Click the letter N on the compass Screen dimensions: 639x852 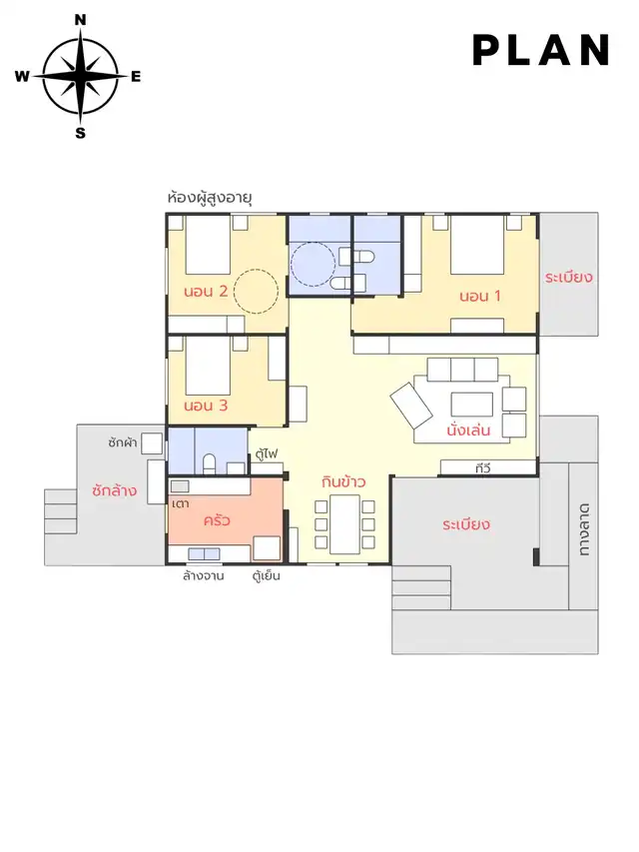(x=80, y=20)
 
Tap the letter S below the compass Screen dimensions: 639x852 (x=81, y=133)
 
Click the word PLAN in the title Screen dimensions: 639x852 (x=542, y=50)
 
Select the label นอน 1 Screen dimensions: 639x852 (x=480, y=296)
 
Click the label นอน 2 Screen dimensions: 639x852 (x=206, y=292)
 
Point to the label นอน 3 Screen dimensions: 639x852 (x=206, y=406)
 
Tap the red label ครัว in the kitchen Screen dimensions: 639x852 (x=217, y=520)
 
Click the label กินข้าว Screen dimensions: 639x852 (x=343, y=481)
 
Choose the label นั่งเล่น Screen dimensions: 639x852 (x=468, y=429)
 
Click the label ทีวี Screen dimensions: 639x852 (x=483, y=467)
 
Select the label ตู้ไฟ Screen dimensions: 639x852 (x=267, y=453)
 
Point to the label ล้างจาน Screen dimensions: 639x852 (x=204, y=576)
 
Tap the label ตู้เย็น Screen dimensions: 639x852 (x=267, y=575)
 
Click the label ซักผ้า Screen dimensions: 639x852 (x=122, y=442)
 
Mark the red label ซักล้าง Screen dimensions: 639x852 (x=114, y=490)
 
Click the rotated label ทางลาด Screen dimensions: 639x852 (x=584, y=529)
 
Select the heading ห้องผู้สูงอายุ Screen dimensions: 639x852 (x=210, y=198)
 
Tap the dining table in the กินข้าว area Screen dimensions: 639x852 (x=344, y=524)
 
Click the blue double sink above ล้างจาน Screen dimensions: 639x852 (x=204, y=553)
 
